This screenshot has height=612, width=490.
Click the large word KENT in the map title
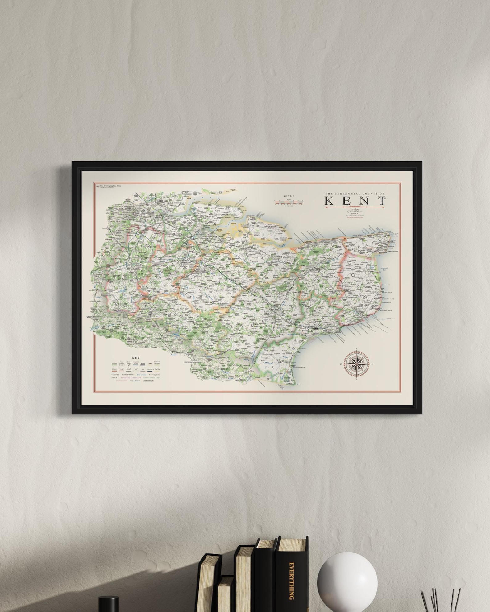click(x=355, y=201)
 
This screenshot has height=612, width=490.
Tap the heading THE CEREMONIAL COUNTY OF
click(x=355, y=193)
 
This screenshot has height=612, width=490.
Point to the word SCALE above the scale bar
click(x=289, y=196)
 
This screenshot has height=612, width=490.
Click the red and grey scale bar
click(x=289, y=202)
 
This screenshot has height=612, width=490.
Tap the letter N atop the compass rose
click(x=357, y=349)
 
